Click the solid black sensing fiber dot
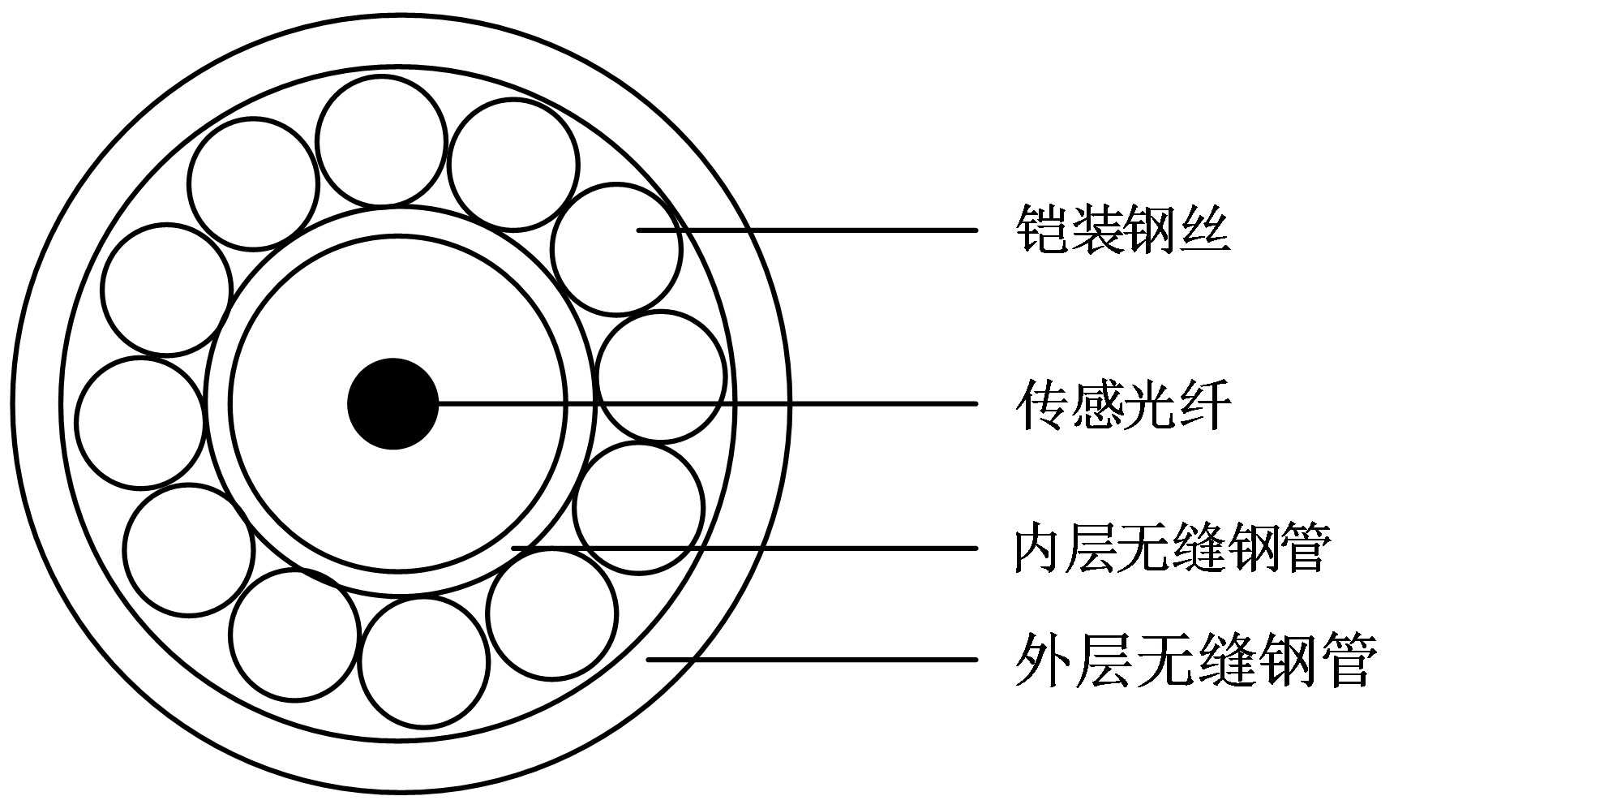[x=392, y=403]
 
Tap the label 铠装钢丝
[x=1122, y=230]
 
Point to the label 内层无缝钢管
[x=1172, y=549]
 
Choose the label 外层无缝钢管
[x=1195, y=660]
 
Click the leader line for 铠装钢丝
[x=811, y=230]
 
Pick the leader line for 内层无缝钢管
[x=746, y=549]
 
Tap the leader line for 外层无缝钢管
[x=811, y=660]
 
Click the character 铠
[x=1041, y=230]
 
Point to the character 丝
[x=1204, y=230]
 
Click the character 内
[x=1038, y=549]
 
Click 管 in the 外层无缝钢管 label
[x=1349, y=660]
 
